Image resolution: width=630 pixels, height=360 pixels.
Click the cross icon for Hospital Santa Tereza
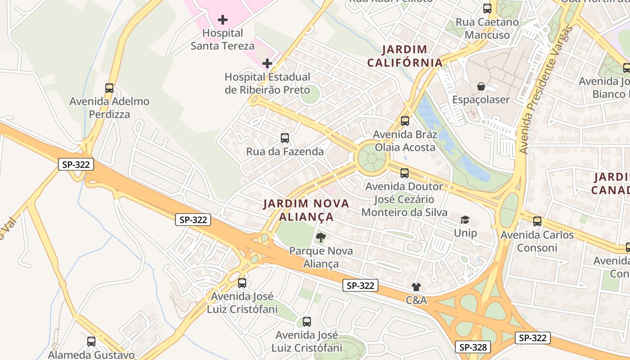pos(223,20)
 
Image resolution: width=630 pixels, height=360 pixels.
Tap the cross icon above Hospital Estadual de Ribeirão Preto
pos(267,63)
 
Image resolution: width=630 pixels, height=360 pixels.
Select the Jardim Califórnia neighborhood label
pos(405,56)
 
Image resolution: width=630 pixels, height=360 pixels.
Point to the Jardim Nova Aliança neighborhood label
pos(306,210)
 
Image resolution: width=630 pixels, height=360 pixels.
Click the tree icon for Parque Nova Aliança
pos(321,237)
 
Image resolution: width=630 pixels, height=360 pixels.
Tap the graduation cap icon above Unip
pos(465,220)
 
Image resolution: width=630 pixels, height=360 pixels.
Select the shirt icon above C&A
pos(416,287)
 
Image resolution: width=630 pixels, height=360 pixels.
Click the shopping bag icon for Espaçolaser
pos(481,86)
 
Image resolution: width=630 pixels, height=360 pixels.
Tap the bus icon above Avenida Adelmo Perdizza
pos(109,88)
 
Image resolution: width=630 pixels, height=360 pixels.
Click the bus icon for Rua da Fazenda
pos(285,138)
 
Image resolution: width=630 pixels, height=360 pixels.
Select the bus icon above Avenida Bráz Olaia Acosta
pos(405,121)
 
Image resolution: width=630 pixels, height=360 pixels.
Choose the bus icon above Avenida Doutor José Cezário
pos(405,173)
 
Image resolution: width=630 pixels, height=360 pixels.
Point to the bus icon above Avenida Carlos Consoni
pos(537,221)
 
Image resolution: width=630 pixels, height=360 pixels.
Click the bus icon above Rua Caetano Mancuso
pos(487,8)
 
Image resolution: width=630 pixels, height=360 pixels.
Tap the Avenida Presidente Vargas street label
pos(545,89)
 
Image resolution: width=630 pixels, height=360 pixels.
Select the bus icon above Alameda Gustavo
pos(91,341)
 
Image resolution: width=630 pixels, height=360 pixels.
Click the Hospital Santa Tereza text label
pos(223,39)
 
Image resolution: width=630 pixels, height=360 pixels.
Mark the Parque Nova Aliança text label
pos(321,257)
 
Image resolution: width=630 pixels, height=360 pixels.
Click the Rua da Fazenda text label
pos(285,152)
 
